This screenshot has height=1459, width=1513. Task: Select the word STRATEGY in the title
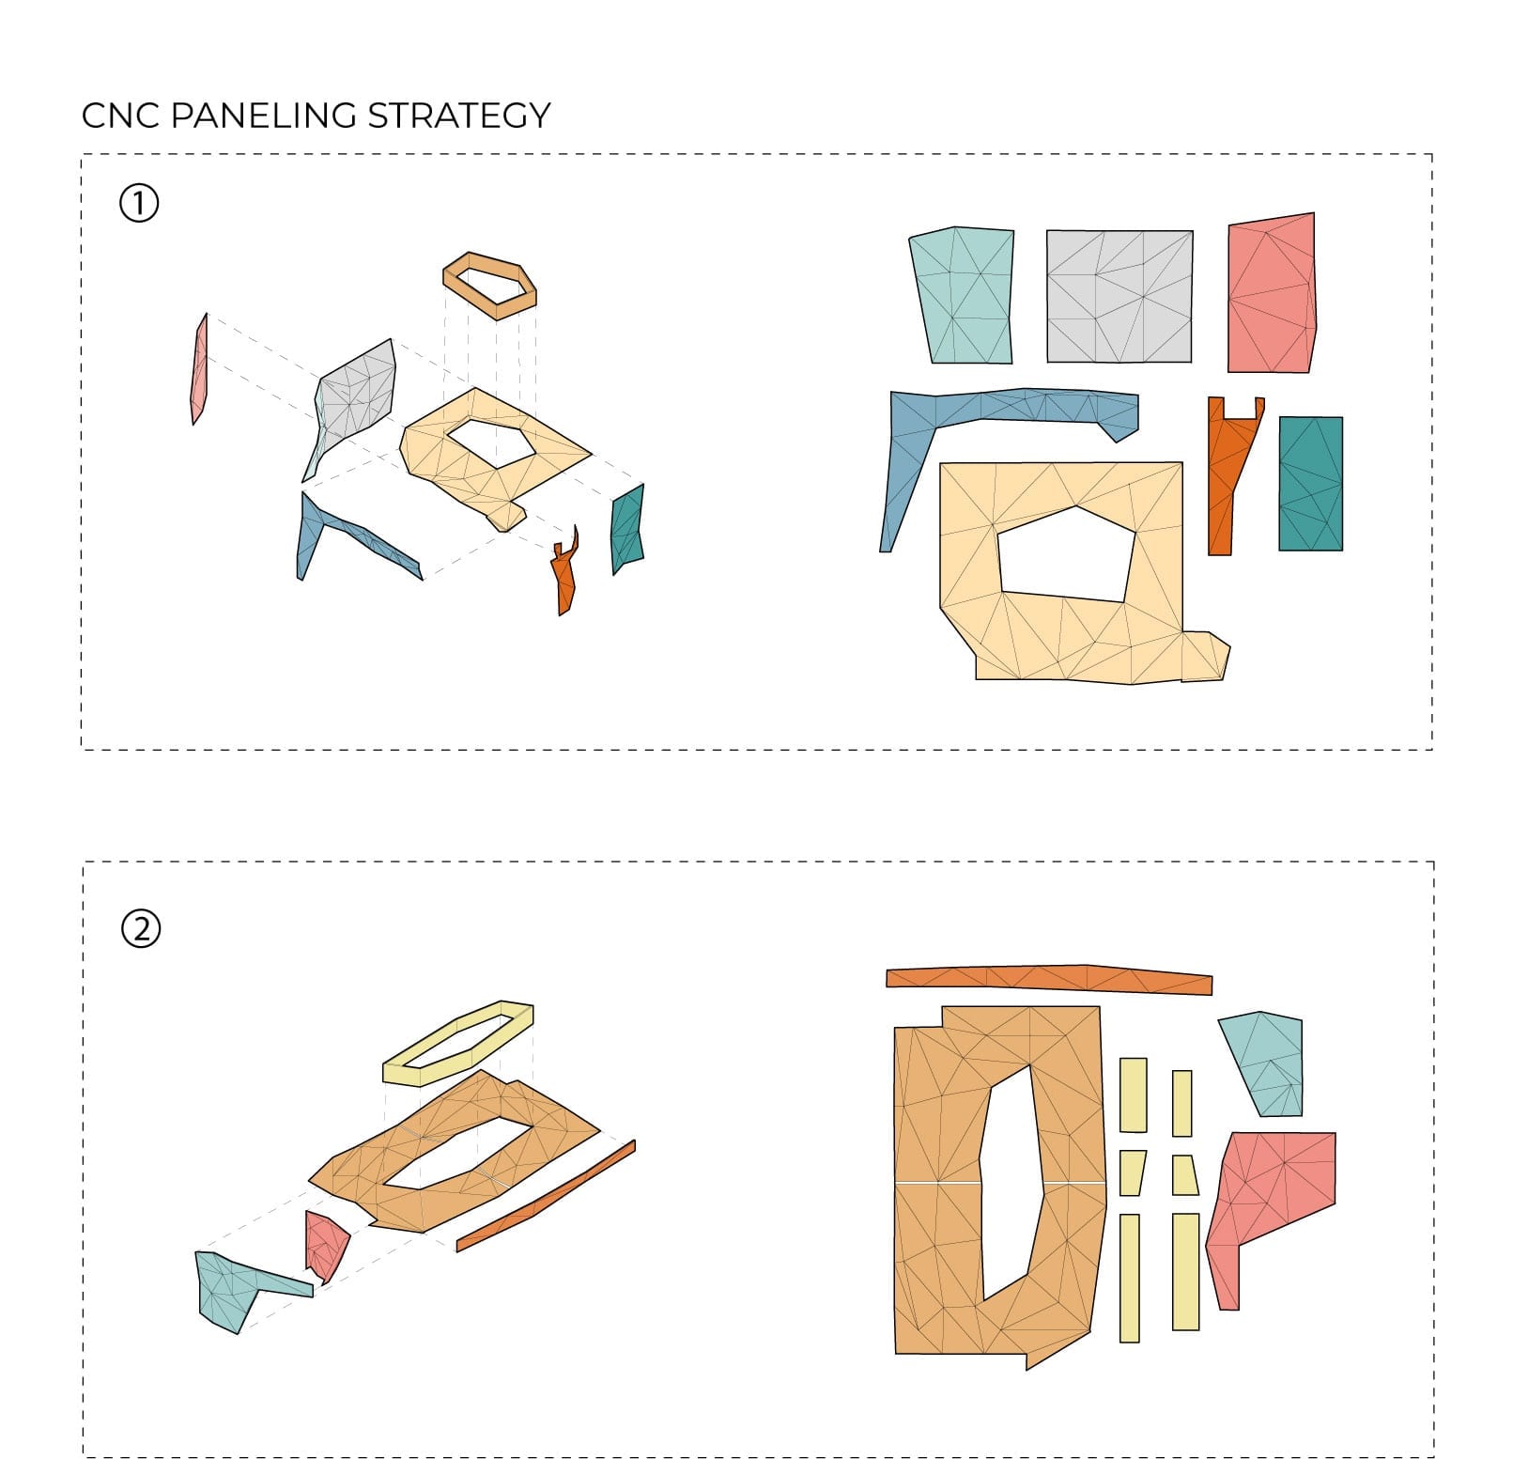459,116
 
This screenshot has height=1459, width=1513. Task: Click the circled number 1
139,203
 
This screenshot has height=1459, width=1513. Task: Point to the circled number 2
141,928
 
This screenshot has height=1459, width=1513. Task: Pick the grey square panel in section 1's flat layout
1119,296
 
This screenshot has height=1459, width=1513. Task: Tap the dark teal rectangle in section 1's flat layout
1310,483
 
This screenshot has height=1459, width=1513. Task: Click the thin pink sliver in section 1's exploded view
199,369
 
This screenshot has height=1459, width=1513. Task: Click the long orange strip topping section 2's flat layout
1049,978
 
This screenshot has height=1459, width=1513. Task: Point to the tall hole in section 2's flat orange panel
1011,1184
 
